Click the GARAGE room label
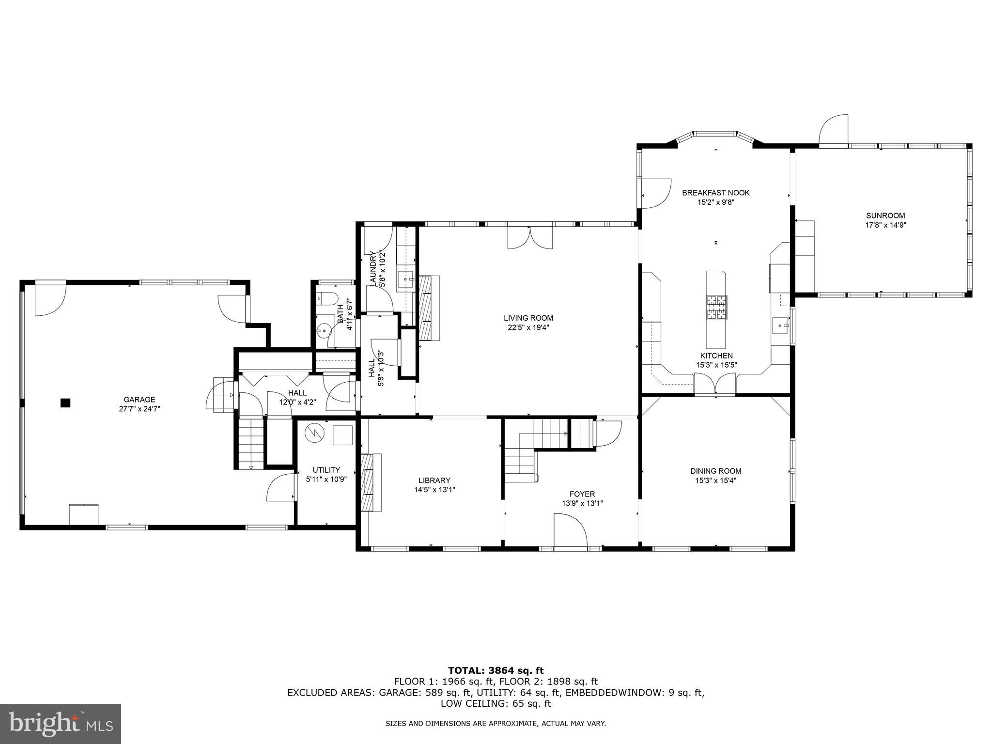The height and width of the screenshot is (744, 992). (x=139, y=400)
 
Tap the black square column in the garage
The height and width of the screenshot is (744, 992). (x=65, y=403)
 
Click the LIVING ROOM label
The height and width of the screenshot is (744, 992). (x=528, y=318)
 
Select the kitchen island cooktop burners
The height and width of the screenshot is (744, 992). (x=717, y=308)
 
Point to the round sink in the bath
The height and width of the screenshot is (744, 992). (x=323, y=332)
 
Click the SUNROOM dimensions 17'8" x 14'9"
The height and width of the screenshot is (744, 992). (x=885, y=225)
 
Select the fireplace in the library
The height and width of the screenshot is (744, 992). (x=371, y=482)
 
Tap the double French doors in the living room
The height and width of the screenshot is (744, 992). (x=530, y=237)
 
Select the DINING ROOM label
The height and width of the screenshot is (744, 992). (x=716, y=471)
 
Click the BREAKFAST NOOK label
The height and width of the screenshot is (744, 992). (x=716, y=193)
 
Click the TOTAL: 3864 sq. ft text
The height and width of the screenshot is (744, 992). (x=496, y=670)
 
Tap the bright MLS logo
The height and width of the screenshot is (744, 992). (x=61, y=724)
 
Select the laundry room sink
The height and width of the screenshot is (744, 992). (x=405, y=280)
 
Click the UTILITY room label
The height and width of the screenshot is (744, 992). (x=326, y=470)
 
